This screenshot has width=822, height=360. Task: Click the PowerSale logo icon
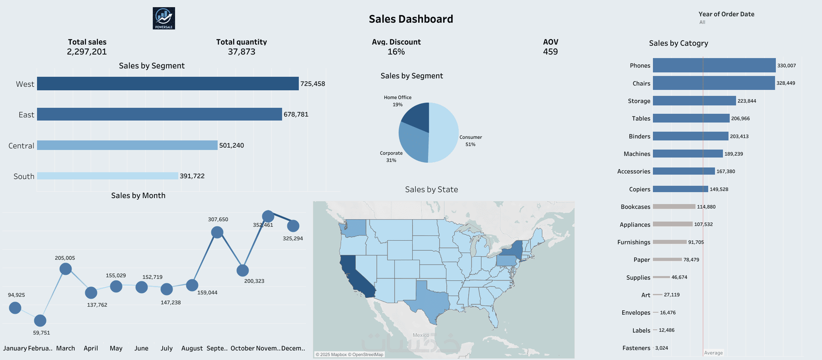[164, 18]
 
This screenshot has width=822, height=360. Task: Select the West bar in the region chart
[168, 84]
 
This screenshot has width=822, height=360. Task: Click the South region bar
[107, 176]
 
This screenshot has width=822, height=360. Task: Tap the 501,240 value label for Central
[232, 146]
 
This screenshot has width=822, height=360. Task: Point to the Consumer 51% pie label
[471, 141]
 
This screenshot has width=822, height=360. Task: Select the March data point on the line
[66, 269]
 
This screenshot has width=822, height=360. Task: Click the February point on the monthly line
[40, 320]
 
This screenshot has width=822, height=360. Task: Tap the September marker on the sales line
[217, 232]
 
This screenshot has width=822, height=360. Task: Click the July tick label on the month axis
[167, 348]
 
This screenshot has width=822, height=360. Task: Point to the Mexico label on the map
[421, 335]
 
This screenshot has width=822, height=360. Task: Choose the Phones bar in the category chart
[714, 65]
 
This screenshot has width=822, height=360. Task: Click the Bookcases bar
[674, 206]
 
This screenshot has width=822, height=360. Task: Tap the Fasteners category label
[636, 348]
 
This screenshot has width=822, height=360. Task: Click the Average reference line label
[713, 353]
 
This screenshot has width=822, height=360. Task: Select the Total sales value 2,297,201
[87, 52]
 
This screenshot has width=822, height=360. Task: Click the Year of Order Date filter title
[726, 14]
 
